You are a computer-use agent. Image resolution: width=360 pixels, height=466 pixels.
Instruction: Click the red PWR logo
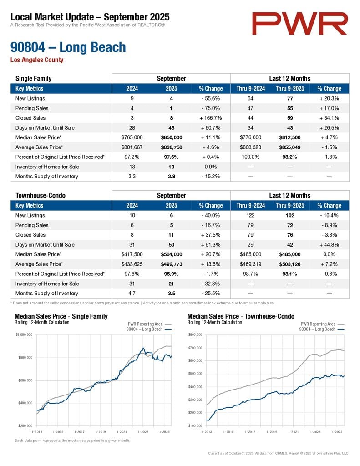pyautogui.click(x=300, y=24)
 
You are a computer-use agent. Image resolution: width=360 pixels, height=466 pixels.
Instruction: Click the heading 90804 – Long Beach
pyautogui.click(x=68, y=47)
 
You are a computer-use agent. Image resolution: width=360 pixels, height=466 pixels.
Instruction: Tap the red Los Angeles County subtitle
pyautogui.click(x=37, y=60)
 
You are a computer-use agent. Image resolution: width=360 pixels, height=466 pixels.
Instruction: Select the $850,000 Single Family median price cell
pyautogui.click(x=172, y=137)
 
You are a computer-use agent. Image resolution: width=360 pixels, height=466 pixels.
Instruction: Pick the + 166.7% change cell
pyautogui.click(x=211, y=118)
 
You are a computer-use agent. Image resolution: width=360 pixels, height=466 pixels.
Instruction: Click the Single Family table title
pyautogui.click(x=33, y=78)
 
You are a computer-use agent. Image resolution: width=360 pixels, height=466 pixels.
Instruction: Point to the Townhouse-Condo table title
pyautogui.click(x=41, y=195)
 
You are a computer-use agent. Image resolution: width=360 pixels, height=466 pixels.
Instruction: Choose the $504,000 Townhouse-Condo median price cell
pyautogui.click(x=172, y=254)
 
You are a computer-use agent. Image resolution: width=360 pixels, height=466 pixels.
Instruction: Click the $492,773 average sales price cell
pyautogui.click(x=172, y=264)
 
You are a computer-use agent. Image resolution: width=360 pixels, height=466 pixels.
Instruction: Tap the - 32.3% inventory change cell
pyautogui.click(x=211, y=284)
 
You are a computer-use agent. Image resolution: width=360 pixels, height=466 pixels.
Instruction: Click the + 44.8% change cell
pyautogui.click(x=329, y=244)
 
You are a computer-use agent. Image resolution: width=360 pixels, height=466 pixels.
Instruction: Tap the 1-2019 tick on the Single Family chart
pyautogui.click(x=100, y=431)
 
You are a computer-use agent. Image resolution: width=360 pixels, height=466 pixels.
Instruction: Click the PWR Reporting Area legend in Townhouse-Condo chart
pyautogui.click(x=318, y=324)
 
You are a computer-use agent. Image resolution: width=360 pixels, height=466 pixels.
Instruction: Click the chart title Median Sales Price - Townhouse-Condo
pyautogui.click(x=241, y=316)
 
